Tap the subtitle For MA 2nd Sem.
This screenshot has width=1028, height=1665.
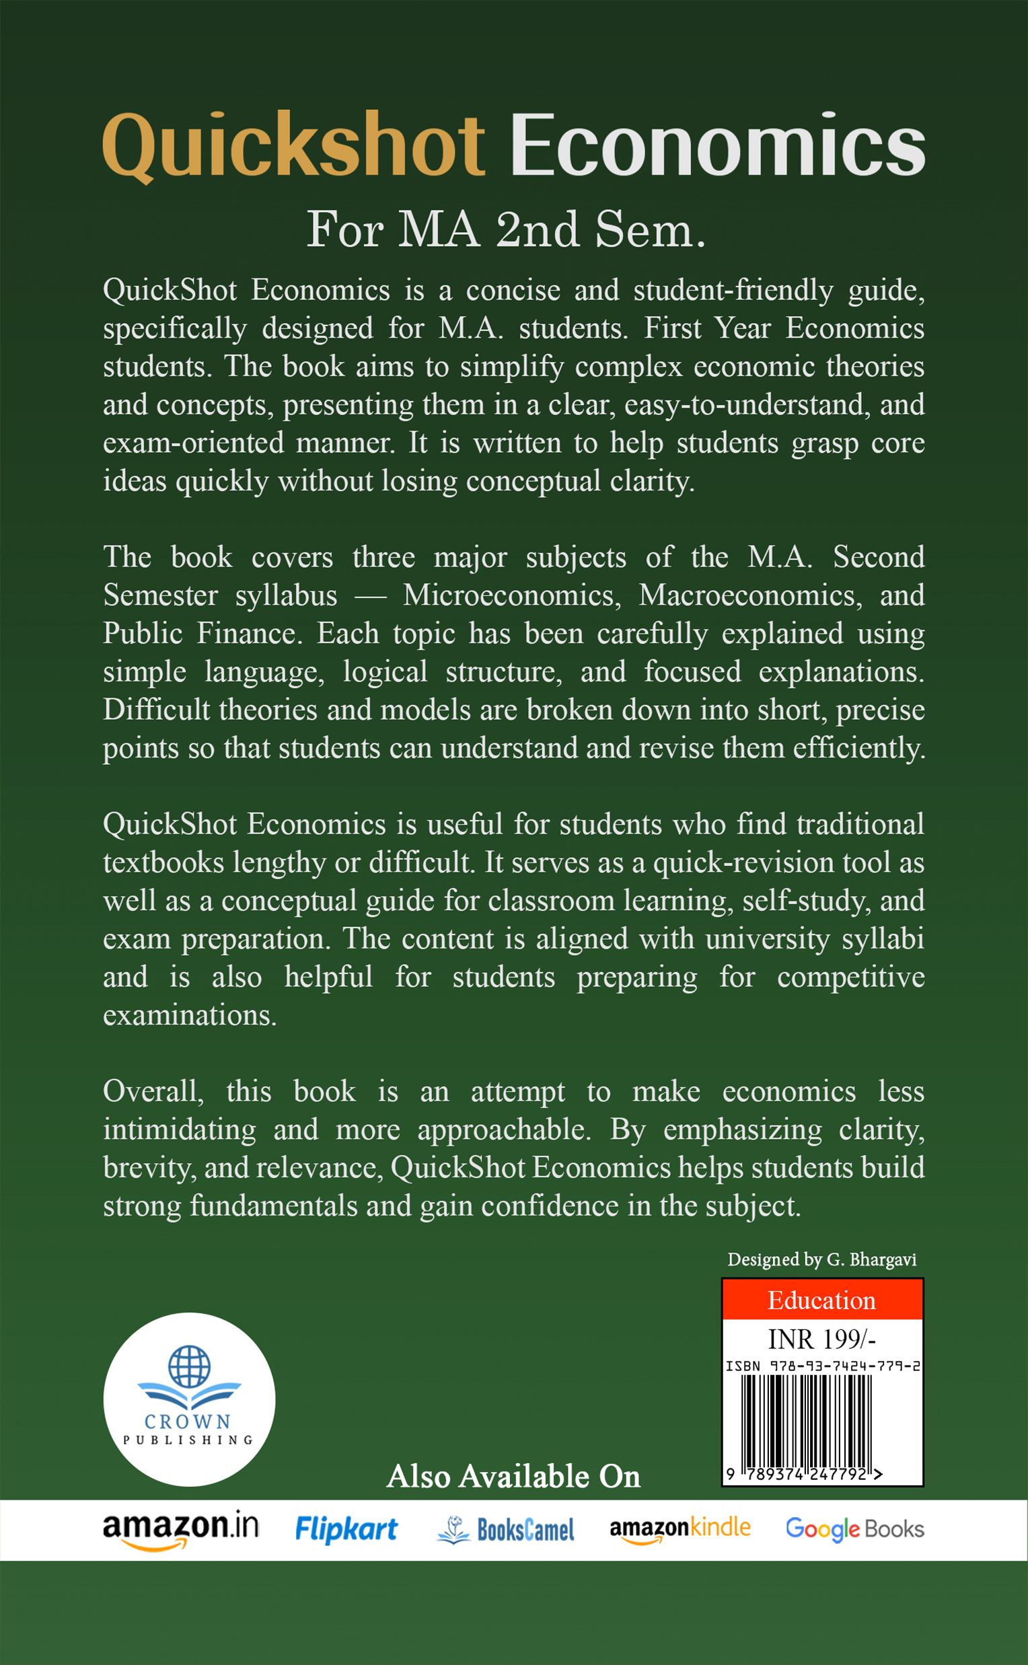pos(507,230)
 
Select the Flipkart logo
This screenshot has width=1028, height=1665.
pos(346,1529)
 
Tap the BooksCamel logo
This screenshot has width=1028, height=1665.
pos(506,1530)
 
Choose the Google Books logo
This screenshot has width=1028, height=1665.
pos(854,1529)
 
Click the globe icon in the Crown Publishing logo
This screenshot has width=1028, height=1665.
pos(189,1366)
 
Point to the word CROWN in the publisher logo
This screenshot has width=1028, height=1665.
pos(188,1421)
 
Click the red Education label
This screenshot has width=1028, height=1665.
pos(821,1300)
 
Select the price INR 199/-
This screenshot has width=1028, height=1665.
pos(821,1339)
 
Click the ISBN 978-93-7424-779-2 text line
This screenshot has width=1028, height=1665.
pos(823,1366)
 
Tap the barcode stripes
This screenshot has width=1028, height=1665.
pos(807,1420)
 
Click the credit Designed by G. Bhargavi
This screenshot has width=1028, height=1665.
pos(821,1260)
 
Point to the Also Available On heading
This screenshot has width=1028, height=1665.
pos(513,1477)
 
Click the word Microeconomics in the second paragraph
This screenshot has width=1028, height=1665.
pos(511,595)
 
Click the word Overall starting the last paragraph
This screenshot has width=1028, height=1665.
pos(153,1091)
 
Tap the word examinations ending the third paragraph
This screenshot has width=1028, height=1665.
pos(190,1015)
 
